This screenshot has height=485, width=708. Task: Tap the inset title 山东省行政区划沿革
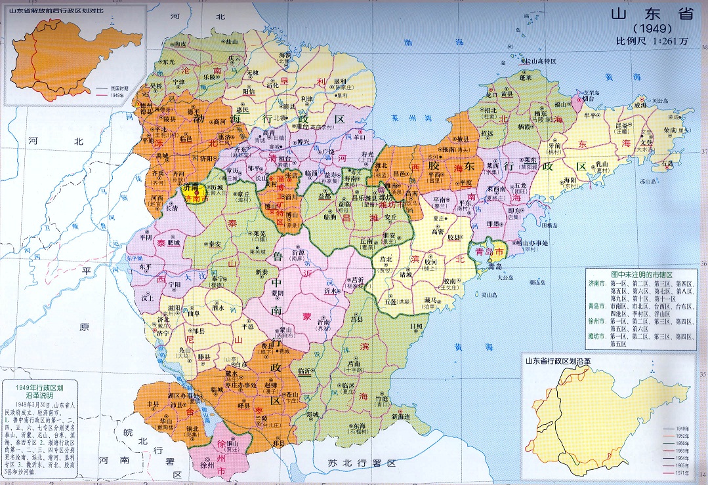pyautogui.click(x=558, y=360)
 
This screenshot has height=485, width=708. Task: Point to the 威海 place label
pyautogui.click(x=641, y=105)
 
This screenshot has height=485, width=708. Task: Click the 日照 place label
pyautogui.click(x=416, y=326)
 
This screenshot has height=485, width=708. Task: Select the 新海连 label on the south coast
pyautogui.click(x=401, y=417)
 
